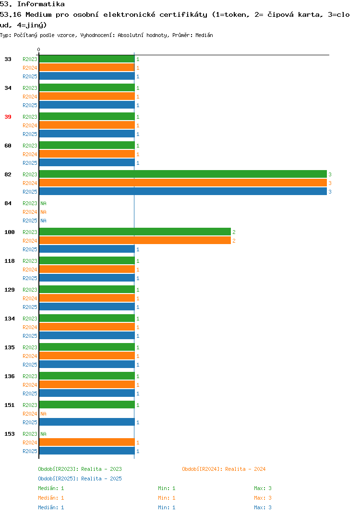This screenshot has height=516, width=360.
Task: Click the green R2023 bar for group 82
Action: (x=183, y=174)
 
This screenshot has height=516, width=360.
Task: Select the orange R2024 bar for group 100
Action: (x=135, y=241)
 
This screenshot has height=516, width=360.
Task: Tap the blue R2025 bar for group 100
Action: (x=87, y=249)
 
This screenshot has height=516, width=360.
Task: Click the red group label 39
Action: (x=8, y=117)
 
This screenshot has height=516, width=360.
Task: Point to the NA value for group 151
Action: (x=43, y=414)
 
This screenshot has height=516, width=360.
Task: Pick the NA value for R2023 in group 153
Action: (x=43, y=434)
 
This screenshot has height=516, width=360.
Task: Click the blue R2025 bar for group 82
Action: (x=183, y=192)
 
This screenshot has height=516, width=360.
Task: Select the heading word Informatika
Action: (x=41, y=4)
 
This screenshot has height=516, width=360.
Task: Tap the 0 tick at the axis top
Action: (x=38, y=49)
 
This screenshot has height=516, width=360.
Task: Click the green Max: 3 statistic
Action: (x=263, y=488)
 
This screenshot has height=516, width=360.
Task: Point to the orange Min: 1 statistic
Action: (x=167, y=498)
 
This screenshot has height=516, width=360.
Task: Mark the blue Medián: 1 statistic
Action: (x=51, y=507)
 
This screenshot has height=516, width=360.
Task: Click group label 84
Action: (x=8, y=203)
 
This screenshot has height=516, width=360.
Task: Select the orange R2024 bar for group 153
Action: (x=87, y=442)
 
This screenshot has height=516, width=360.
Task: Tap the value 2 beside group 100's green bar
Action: (x=234, y=232)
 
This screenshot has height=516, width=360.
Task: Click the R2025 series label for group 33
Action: (x=30, y=76)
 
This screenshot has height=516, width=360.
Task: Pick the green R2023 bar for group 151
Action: (x=87, y=405)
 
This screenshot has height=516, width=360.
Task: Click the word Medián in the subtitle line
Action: (x=204, y=35)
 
